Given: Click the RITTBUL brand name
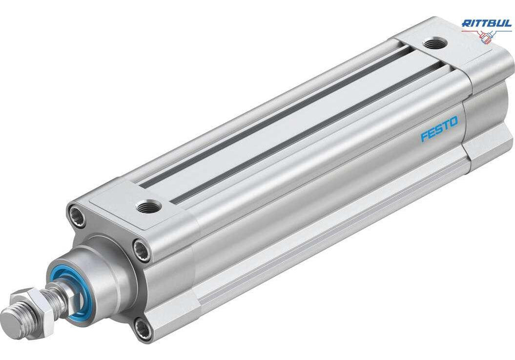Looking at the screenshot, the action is click(486, 23).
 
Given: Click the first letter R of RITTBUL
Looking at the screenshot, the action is click(466, 23).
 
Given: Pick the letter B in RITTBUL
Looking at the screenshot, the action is click(492, 23).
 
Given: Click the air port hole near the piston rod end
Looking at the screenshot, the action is click(149, 207).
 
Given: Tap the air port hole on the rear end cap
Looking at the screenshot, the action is click(434, 43).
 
